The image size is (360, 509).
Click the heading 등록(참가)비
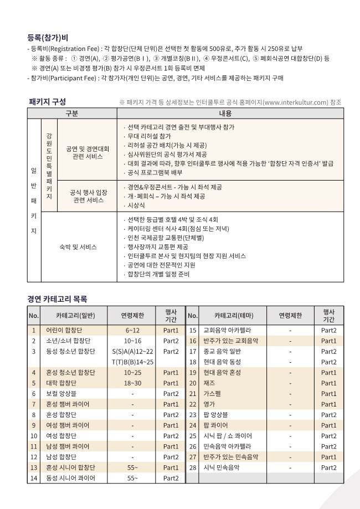coord(48,38)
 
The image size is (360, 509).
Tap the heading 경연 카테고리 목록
coord(58,299)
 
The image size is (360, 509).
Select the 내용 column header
coord(225,113)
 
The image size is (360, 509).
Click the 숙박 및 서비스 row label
coord(78,246)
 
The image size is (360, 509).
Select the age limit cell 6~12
coord(132,331)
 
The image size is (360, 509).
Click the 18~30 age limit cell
coord(132,383)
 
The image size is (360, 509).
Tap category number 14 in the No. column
coord(33,477)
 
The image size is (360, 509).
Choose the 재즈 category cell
coord(210,383)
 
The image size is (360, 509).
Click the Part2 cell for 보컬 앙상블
coord(170,393)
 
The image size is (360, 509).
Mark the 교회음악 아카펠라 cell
coord(228,331)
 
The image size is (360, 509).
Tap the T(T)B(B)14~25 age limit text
coord(132,362)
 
